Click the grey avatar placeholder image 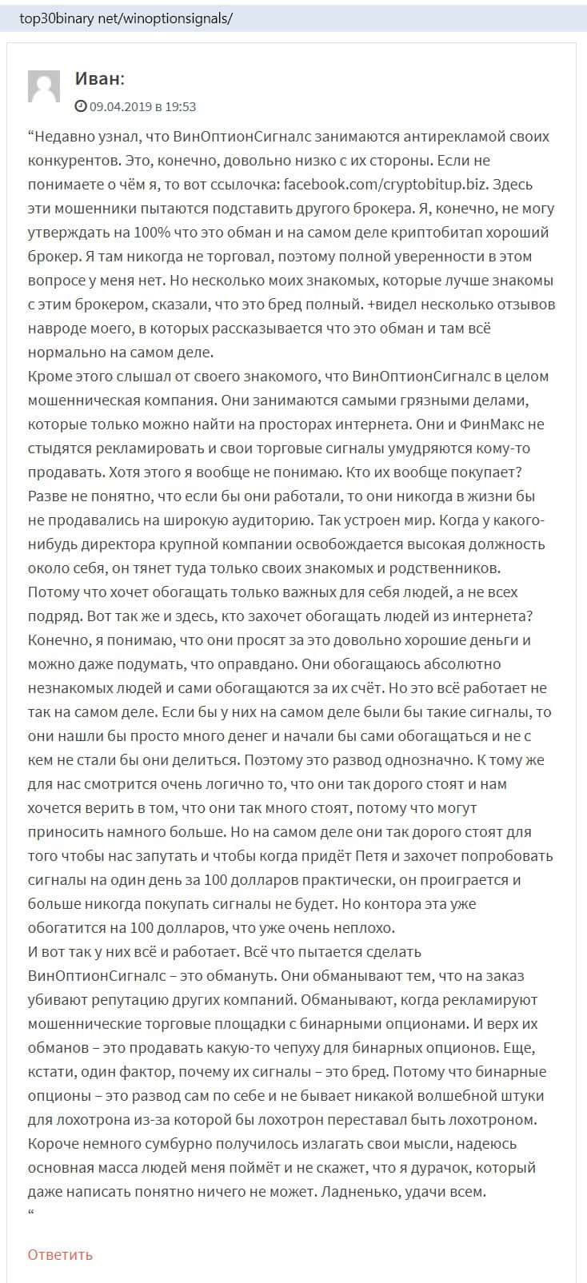click(x=44, y=86)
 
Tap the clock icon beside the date click(x=80, y=106)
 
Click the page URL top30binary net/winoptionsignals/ click(x=126, y=18)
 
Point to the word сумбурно click(x=169, y=1144)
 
